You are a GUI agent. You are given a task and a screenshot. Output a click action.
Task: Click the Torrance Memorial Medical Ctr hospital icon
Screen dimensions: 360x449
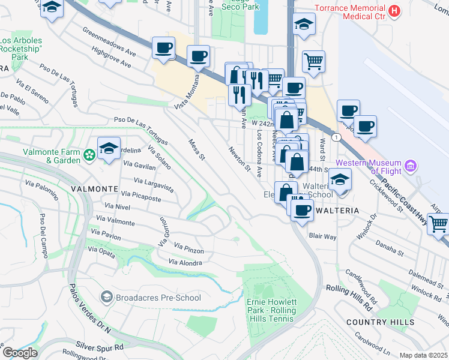pyautogui.click(x=394, y=11)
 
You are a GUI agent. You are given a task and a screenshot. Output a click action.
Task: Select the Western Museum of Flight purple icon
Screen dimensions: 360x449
pyautogui.click(x=411, y=165)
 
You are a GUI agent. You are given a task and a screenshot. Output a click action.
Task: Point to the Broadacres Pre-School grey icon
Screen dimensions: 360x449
pyautogui.click(x=107, y=297)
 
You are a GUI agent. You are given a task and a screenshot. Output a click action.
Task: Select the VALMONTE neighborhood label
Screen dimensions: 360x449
pyautogui.click(x=94, y=188)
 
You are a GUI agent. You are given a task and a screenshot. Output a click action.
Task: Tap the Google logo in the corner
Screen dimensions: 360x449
pyautogui.click(x=20, y=353)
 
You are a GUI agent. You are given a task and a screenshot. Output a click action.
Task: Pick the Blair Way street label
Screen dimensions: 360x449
pyautogui.click(x=322, y=236)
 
